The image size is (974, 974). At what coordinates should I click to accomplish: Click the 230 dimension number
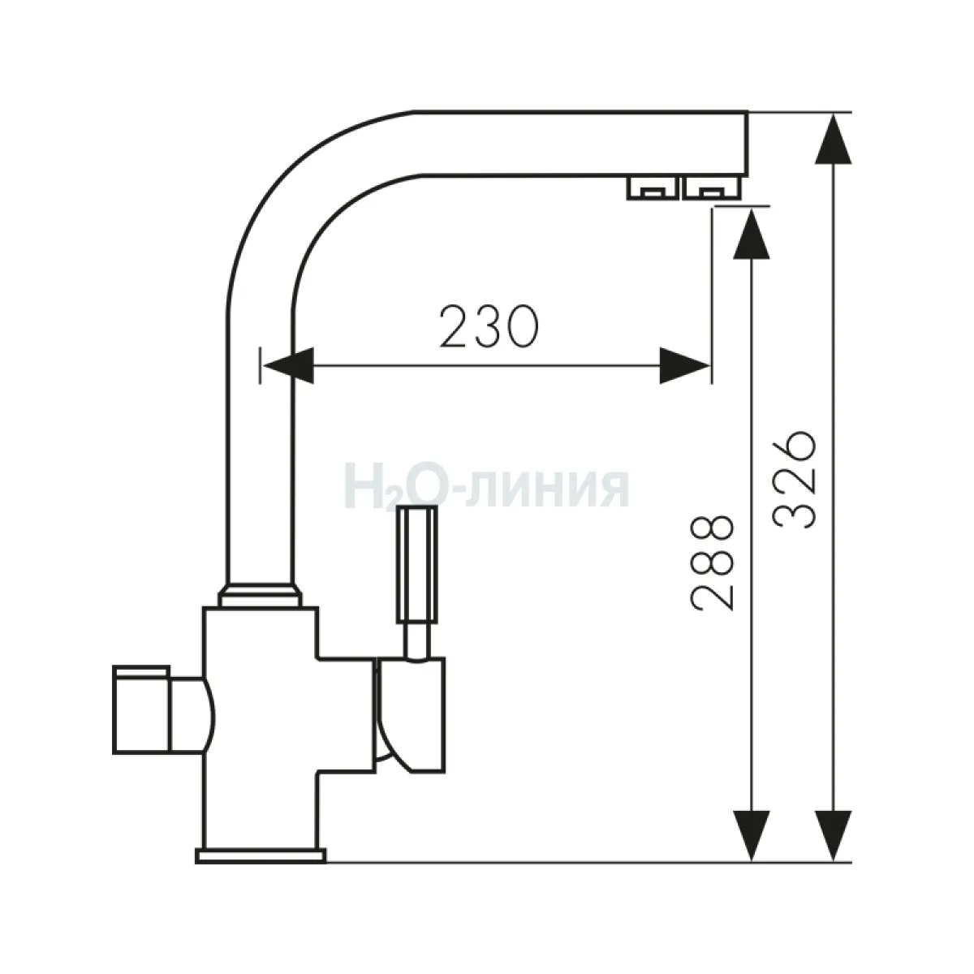pyautogui.click(x=489, y=326)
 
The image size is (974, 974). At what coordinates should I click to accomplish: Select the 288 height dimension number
pyautogui.click(x=712, y=563)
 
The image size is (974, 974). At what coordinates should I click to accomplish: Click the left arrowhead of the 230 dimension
pyautogui.click(x=288, y=365)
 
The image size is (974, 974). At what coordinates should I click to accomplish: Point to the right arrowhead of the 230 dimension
pyautogui.click(x=685, y=365)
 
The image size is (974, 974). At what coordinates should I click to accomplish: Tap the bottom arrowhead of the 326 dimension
pyautogui.click(x=834, y=835)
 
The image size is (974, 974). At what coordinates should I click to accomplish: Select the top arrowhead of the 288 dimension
pyautogui.click(x=752, y=234)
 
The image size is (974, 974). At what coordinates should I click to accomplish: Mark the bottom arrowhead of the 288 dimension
pyautogui.click(x=752, y=835)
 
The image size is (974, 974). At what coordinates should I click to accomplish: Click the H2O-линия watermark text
pyautogui.click(x=487, y=486)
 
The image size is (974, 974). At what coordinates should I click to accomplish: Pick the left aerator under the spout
pyautogui.click(x=653, y=187)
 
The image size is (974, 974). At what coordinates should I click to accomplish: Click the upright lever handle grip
pyautogui.click(x=417, y=564)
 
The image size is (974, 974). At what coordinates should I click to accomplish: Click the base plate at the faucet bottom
pyautogui.click(x=261, y=855)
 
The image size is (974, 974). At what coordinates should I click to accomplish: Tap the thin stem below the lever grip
pyautogui.click(x=417, y=641)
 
